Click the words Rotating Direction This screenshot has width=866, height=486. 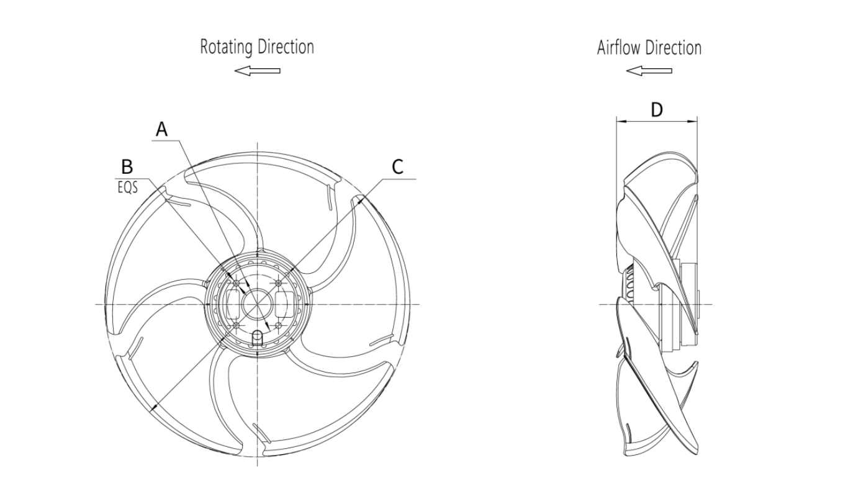(x=256, y=47)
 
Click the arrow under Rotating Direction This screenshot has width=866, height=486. (x=257, y=71)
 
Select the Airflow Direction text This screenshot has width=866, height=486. (x=649, y=48)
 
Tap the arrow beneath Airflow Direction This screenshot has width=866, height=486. (x=649, y=71)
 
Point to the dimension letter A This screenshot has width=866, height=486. (x=161, y=129)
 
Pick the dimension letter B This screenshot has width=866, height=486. (x=127, y=167)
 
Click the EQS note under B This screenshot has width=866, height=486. (x=127, y=187)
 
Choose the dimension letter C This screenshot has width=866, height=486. (x=397, y=166)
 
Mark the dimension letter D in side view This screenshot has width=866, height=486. (x=656, y=110)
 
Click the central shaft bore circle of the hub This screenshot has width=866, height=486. (x=257, y=304)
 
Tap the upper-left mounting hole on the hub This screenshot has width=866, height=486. (x=236, y=284)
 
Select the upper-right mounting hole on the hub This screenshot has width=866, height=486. (x=278, y=284)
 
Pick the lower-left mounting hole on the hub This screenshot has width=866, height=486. (x=236, y=325)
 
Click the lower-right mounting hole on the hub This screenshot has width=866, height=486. (x=278, y=325)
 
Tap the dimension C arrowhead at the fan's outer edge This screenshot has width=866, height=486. (x=361, y=200)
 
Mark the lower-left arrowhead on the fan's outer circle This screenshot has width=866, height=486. (x=153, y=407)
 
